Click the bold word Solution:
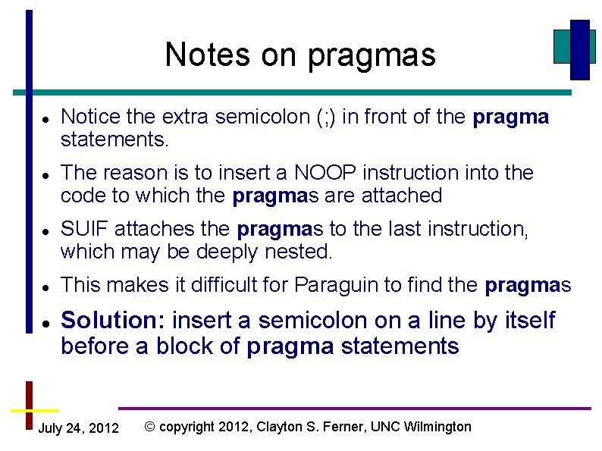114,321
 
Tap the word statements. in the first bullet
114,140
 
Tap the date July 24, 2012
78,429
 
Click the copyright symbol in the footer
150,427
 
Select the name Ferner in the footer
345,427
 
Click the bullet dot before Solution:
45,324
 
